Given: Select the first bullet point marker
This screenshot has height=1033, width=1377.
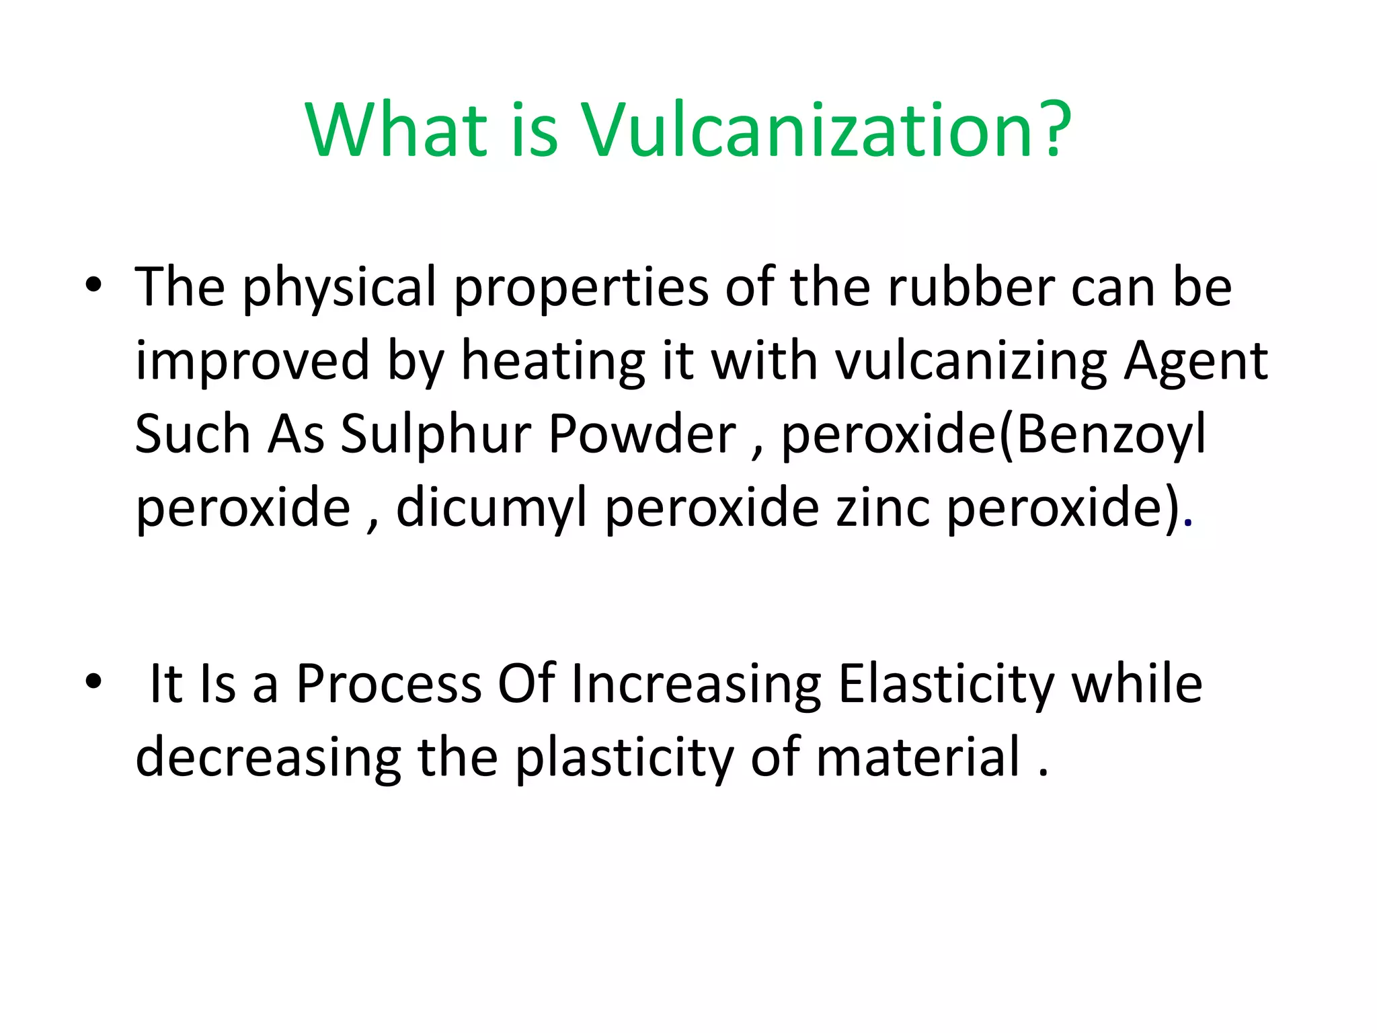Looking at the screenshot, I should tap(93, 285).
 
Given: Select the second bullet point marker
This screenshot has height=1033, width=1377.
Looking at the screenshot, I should tap(93, 682).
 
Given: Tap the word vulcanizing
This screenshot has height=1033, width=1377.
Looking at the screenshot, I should tap(972, 362).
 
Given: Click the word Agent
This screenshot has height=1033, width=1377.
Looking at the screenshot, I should tap(1196, 362).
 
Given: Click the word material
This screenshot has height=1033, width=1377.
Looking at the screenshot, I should tap(918, 757).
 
